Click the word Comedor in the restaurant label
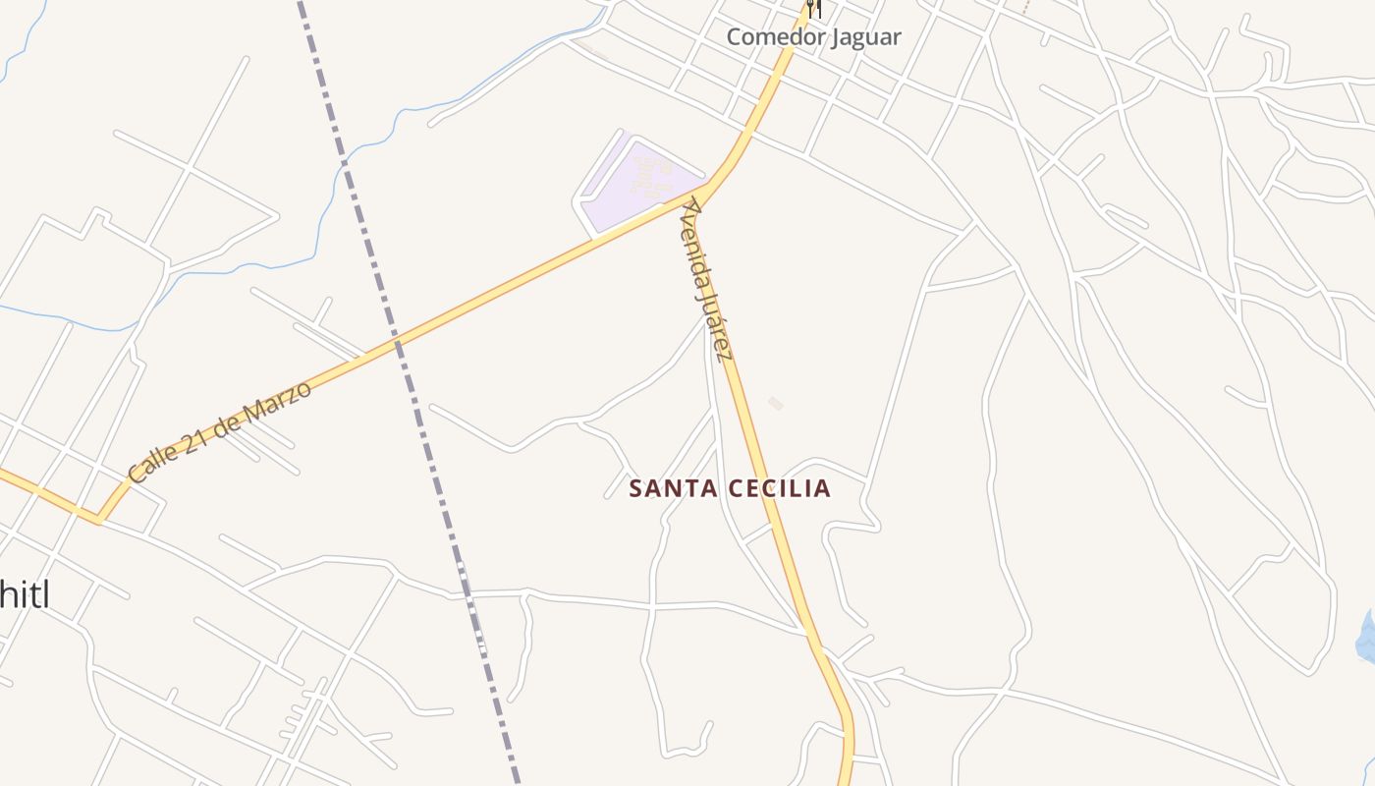click(x=772, y=37)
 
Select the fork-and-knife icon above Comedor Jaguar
click(x=812, y=9)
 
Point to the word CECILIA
click(x=783, y=488)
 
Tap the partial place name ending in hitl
click(x=24, y=594)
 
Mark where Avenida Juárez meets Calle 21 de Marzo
click(x=703, y=188)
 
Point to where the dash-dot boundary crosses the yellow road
click(x=397, y=343)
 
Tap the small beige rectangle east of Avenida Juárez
click(x=776, y=403)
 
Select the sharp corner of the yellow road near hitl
click(x=98, y=520)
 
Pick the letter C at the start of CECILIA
click(x=740, y=488)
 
